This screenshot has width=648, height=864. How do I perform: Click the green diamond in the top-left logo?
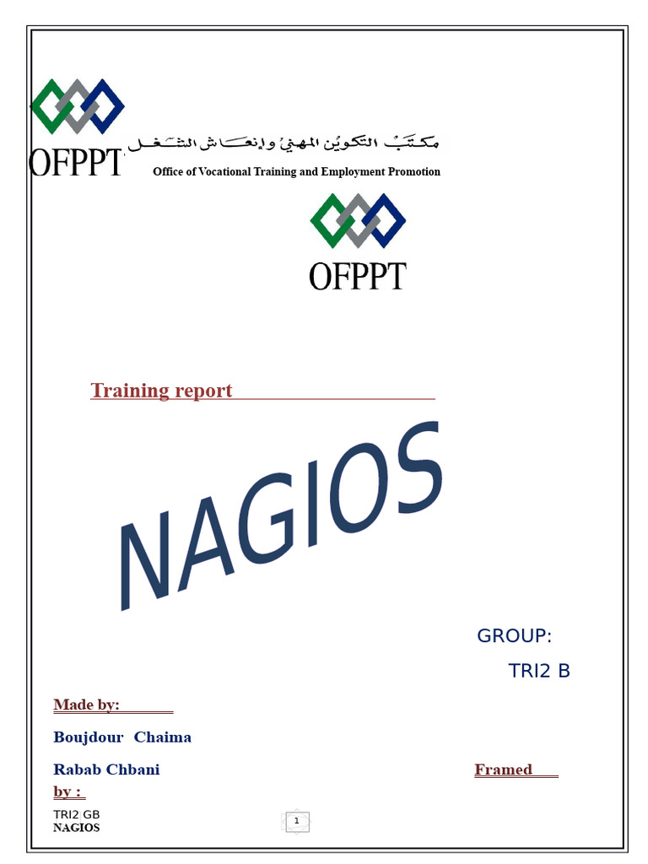[x=48, y=106]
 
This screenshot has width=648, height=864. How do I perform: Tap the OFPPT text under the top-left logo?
[x=77, y=161]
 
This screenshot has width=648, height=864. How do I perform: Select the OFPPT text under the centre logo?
[x=358, y=276]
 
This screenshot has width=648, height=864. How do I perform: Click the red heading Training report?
[x=161, y=391]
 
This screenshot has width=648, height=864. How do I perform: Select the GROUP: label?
[x=514, y=635]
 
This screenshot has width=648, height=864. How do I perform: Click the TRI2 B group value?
[x=539, y=671]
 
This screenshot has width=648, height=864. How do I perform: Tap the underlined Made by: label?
[x=86, y=705]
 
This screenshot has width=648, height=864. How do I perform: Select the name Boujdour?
[x=88, y=737]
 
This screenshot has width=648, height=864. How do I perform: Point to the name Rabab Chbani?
[x=106, y=769]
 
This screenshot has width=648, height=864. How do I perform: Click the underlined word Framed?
[x=504, y=769]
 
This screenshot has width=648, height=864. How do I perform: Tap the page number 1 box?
[x=297, y=821]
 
